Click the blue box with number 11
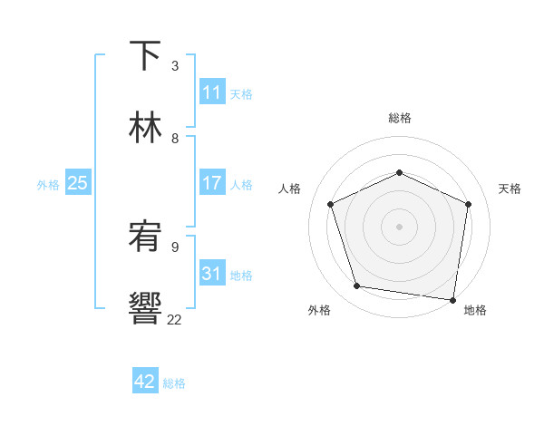pos(212,92)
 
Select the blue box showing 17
pos(212,183)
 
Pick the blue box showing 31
pos(212,274)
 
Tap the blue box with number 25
pos(78,183)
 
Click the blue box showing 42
pos(145,382)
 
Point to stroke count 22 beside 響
pos(175,319)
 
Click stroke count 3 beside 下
pos(175,65)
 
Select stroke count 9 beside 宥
pos(175,247)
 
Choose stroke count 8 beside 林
pos(175,138)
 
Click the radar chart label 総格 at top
pos(400,119)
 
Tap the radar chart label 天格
pos(510,189)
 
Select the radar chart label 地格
pos(475,311)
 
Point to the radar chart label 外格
pos(319,311)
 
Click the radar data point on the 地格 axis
pos(453,299)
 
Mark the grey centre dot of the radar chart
pos(399,227)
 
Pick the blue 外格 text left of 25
pos(48,185)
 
